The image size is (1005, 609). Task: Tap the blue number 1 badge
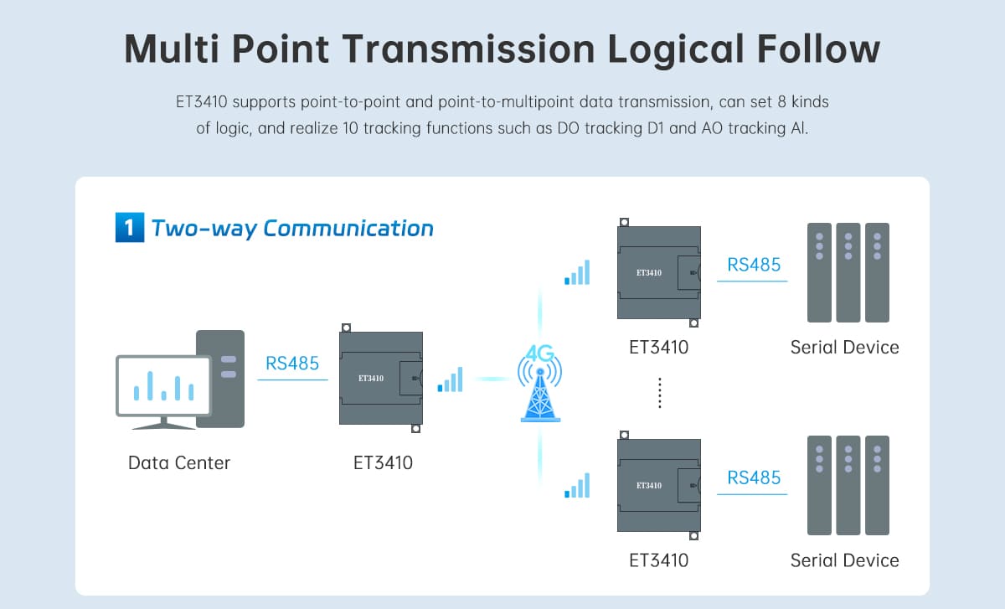(124, 228)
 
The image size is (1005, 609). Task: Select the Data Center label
(178, 462)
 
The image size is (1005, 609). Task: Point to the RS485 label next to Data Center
(292, 364)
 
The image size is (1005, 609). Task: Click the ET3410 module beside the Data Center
(380, 378)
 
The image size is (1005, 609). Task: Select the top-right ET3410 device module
(658, 272)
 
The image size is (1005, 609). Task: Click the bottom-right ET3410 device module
(658, 485)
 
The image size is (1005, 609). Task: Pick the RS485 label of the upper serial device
(754, 265)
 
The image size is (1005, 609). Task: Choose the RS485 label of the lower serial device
(754, 477)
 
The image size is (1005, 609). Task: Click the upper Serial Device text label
(844, 347)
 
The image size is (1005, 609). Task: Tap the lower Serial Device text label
(844, 560)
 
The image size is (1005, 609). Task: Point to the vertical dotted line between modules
(660, 393)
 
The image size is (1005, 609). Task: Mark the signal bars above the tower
(577, 272)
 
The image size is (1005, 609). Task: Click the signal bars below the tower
(577, 486)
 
